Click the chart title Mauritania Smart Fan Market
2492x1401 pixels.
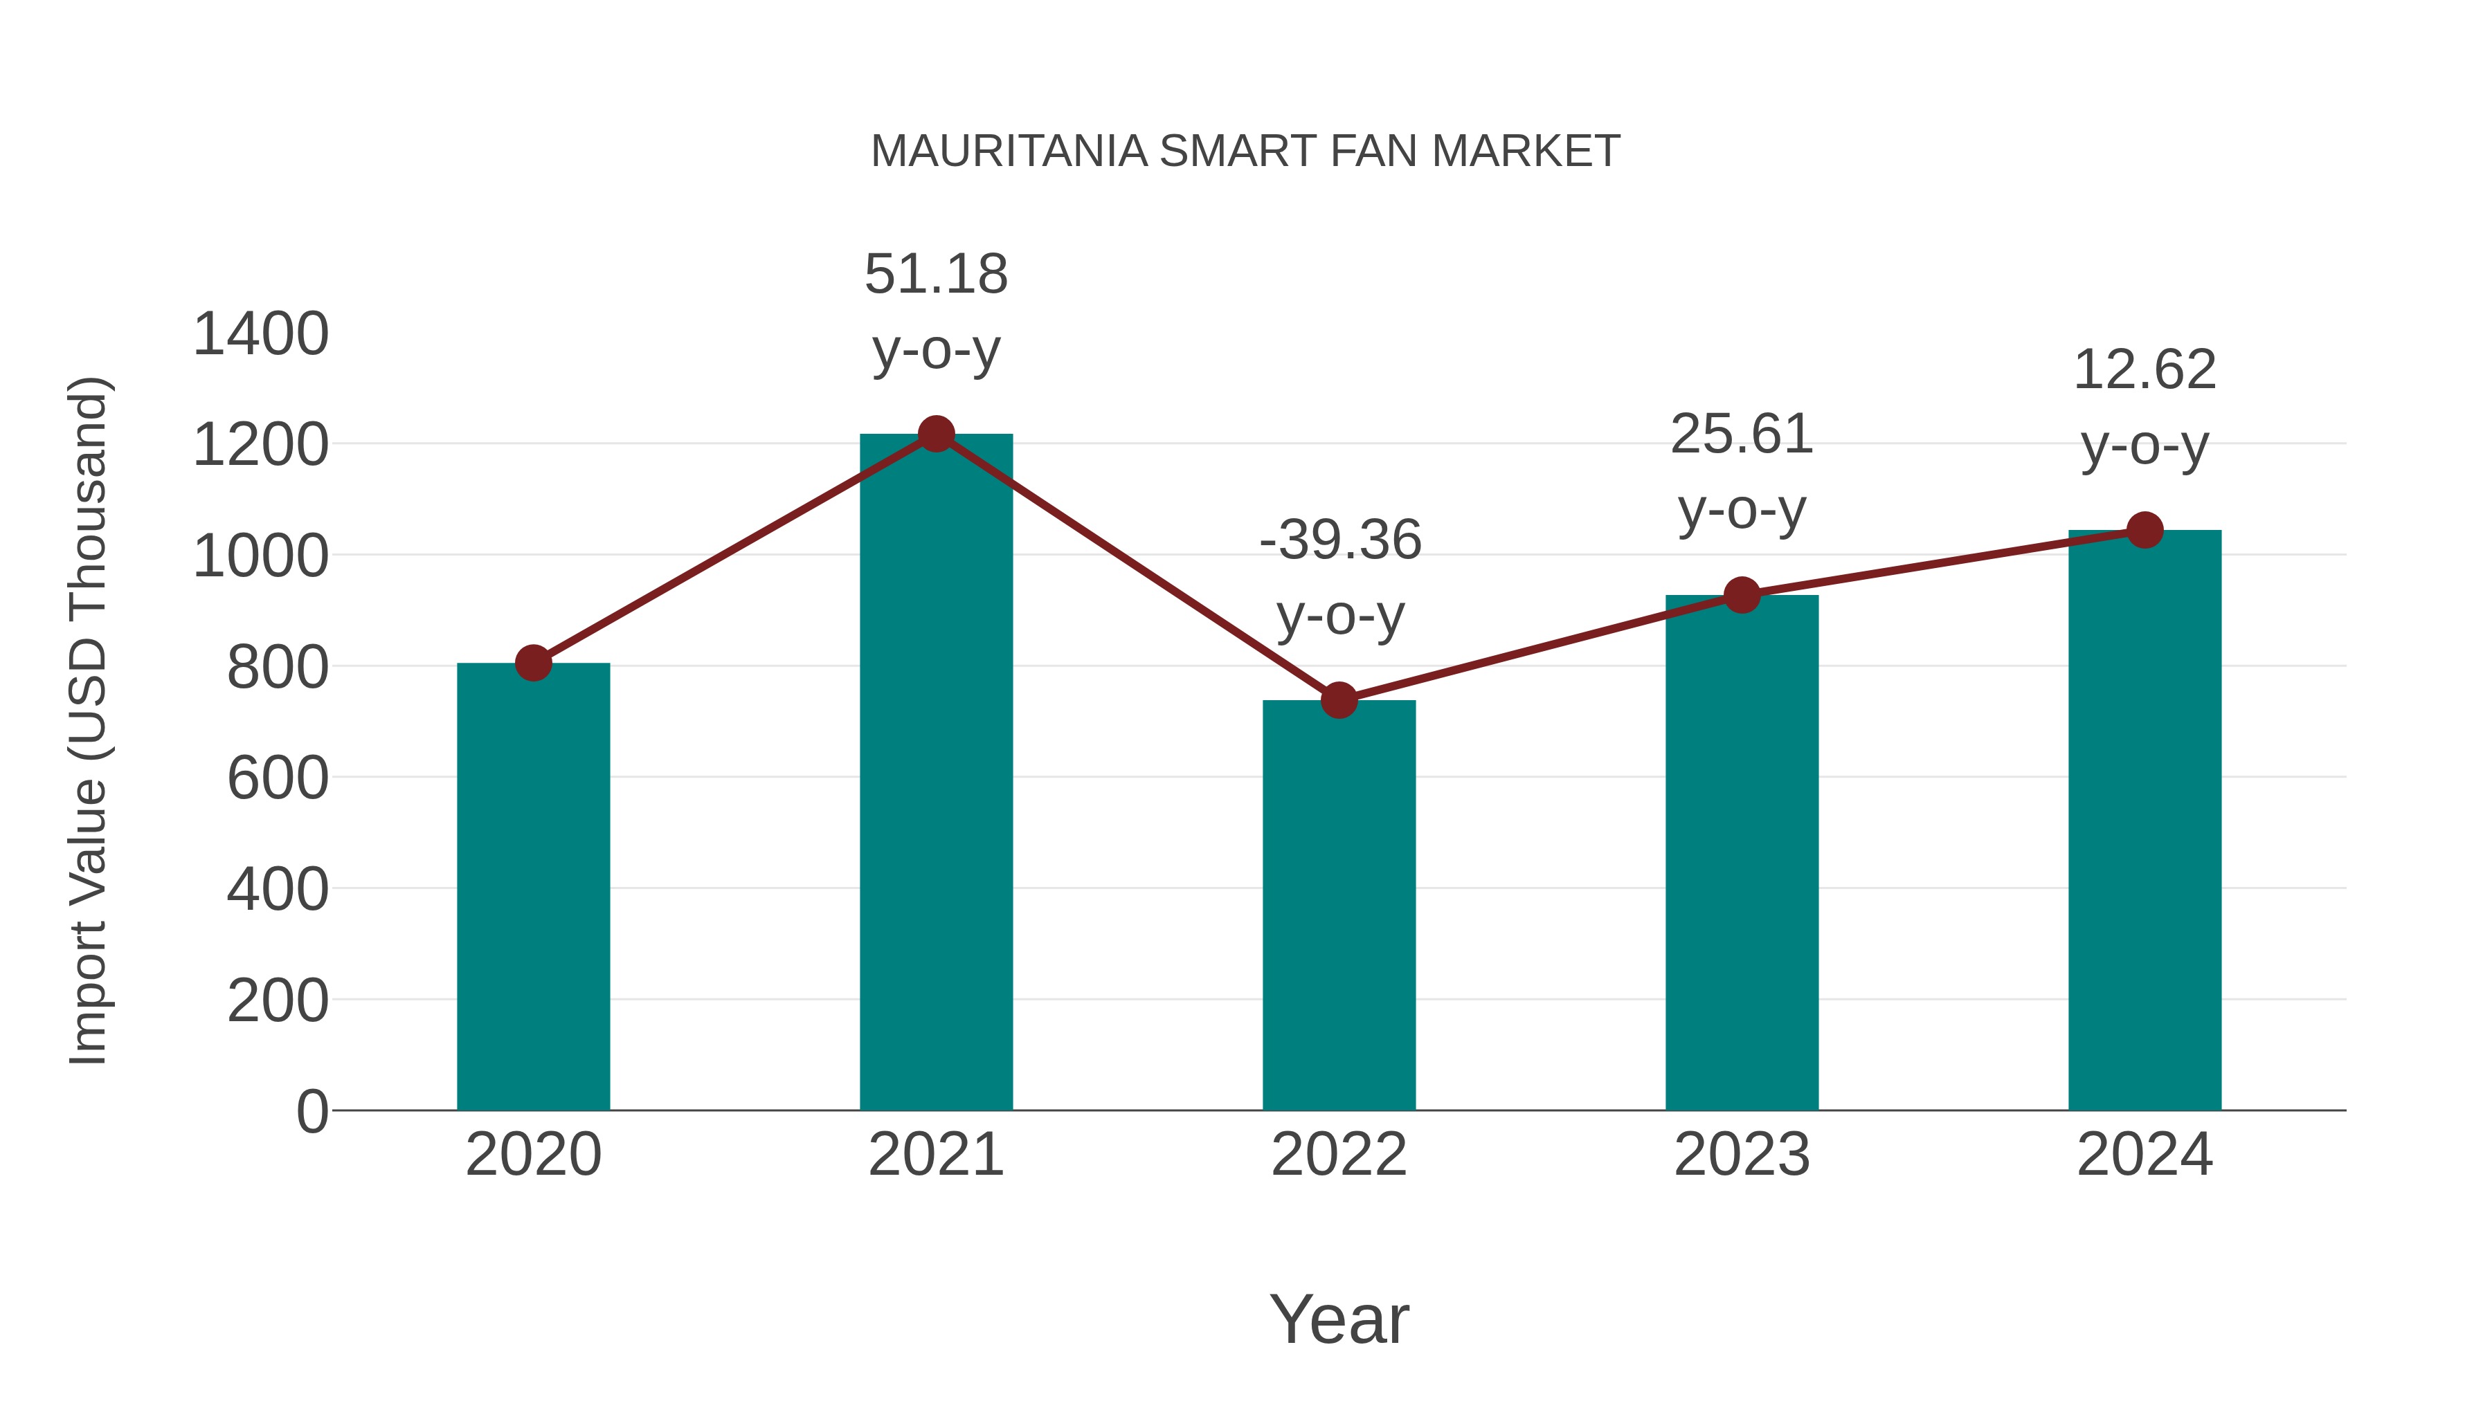1245,152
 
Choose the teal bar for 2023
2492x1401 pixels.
1742,852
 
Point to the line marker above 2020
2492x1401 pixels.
533,663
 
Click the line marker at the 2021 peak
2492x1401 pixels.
935,434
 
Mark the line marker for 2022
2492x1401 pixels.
1339,700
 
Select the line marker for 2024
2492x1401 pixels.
2145,530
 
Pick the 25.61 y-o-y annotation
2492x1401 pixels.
1742,471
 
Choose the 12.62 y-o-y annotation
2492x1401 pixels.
2145,407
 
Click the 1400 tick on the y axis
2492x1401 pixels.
261,335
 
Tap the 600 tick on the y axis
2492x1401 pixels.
278,778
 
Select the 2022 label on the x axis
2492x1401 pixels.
1339,1155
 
